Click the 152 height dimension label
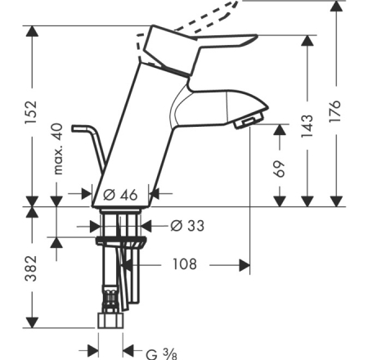[x=31, y=112]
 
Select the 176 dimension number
[x=335, y=111]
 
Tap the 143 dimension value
[x=307, y=126]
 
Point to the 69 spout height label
[x=280, y=169]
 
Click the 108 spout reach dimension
[x=185, y=264]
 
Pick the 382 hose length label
[x=31, y=268]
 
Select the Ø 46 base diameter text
[x=120, y=195]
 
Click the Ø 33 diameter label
[x=187, y=226]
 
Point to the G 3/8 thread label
[x=161, y=354]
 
